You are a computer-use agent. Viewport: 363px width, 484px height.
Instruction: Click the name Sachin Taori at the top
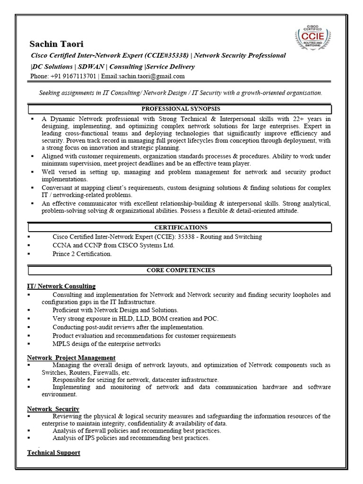pyautogui.click(x=56, y=44)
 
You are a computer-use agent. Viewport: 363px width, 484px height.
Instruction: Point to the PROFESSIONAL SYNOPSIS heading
pyautogui.click(x=180, y=109)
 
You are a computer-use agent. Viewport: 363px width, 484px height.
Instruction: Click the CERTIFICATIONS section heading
pyautogui.click(x=180, y=227)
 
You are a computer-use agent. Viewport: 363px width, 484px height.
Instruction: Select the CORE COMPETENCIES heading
pyautogui.click(x=181, y=270)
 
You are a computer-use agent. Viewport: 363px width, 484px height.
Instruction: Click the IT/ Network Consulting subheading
pyautogui.click(x=61, y=286)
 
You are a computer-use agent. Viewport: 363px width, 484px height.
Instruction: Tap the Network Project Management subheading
pyautogui.click(x=71, y=358)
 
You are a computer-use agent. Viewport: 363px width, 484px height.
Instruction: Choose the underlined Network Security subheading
pyautogui.click(x=53, y=409)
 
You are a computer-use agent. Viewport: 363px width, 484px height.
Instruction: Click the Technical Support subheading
pyautogui.click(x=53, y=452)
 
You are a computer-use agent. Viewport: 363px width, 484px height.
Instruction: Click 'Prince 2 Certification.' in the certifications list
pyautogui.click(x=82, y=254)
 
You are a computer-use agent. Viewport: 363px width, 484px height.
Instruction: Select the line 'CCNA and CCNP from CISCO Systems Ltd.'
pyautogui.click(x=113, y=245)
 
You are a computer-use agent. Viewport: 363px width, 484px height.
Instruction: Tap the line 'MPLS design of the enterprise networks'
pyautogui.click(x=106, y=344)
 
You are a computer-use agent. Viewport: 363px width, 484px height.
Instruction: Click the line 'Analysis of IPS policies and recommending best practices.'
pyautogui.click(x=131, y=438)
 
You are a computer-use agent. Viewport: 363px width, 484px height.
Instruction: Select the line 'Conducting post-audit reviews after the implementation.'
pyautogui.click(x=128, y=327)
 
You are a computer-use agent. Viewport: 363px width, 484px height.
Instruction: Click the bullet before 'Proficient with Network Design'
pyautogui.click(x=29, y=310)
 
